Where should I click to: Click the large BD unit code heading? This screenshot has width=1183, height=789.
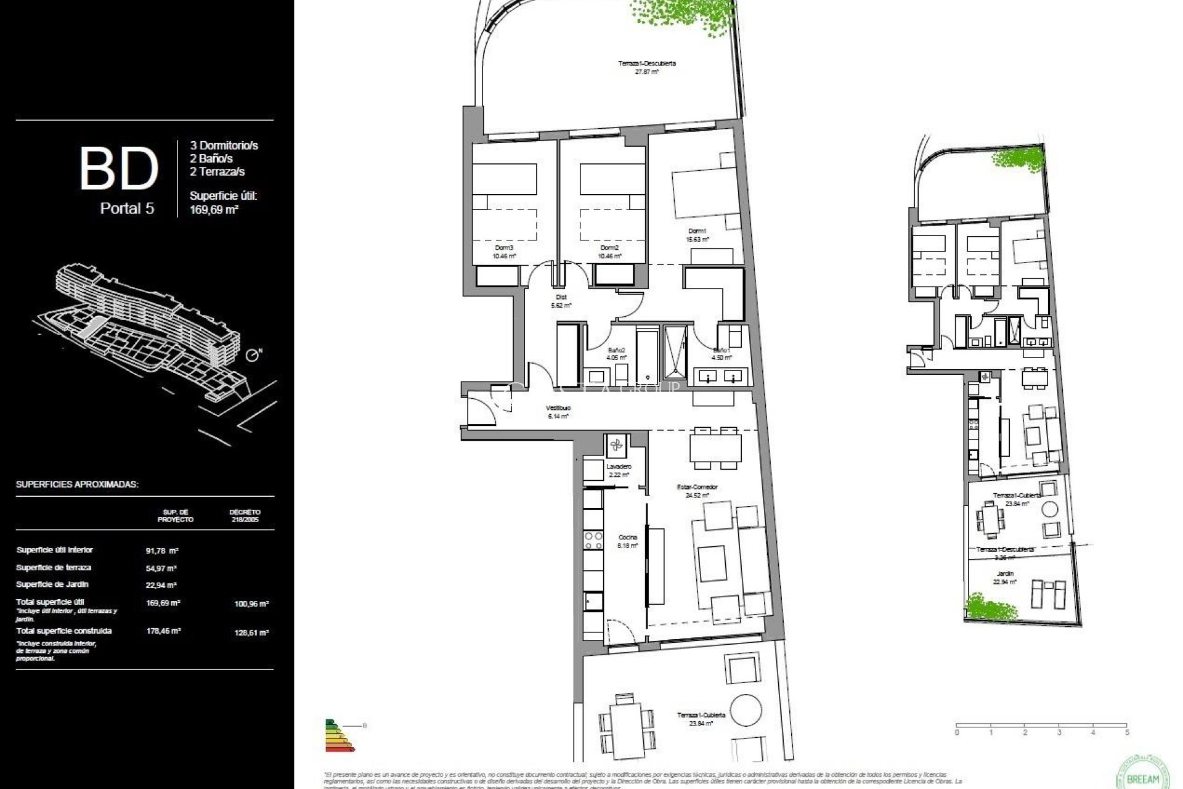click(119, 168)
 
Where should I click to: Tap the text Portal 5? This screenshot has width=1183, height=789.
click(127, 208)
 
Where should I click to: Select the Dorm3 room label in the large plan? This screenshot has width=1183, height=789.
click(503, 248)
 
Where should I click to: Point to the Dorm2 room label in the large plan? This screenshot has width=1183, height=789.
click(609, 248)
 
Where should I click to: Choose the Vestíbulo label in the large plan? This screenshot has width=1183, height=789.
click(558, 408)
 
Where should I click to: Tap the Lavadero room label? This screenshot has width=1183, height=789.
click(618, 467)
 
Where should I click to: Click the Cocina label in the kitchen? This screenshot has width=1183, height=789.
click(627, 538)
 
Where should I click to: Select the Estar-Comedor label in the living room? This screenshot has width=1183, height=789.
click(697, 487)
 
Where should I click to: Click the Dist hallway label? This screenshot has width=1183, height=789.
click(561, 297)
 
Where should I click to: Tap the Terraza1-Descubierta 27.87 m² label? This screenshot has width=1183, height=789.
click(647, 63)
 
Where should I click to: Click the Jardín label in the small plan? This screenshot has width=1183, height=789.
click(1004, 573)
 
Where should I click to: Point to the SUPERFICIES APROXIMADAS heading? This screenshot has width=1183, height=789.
click(77, 484)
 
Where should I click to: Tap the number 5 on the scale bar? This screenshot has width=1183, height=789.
click(1127, 733)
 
